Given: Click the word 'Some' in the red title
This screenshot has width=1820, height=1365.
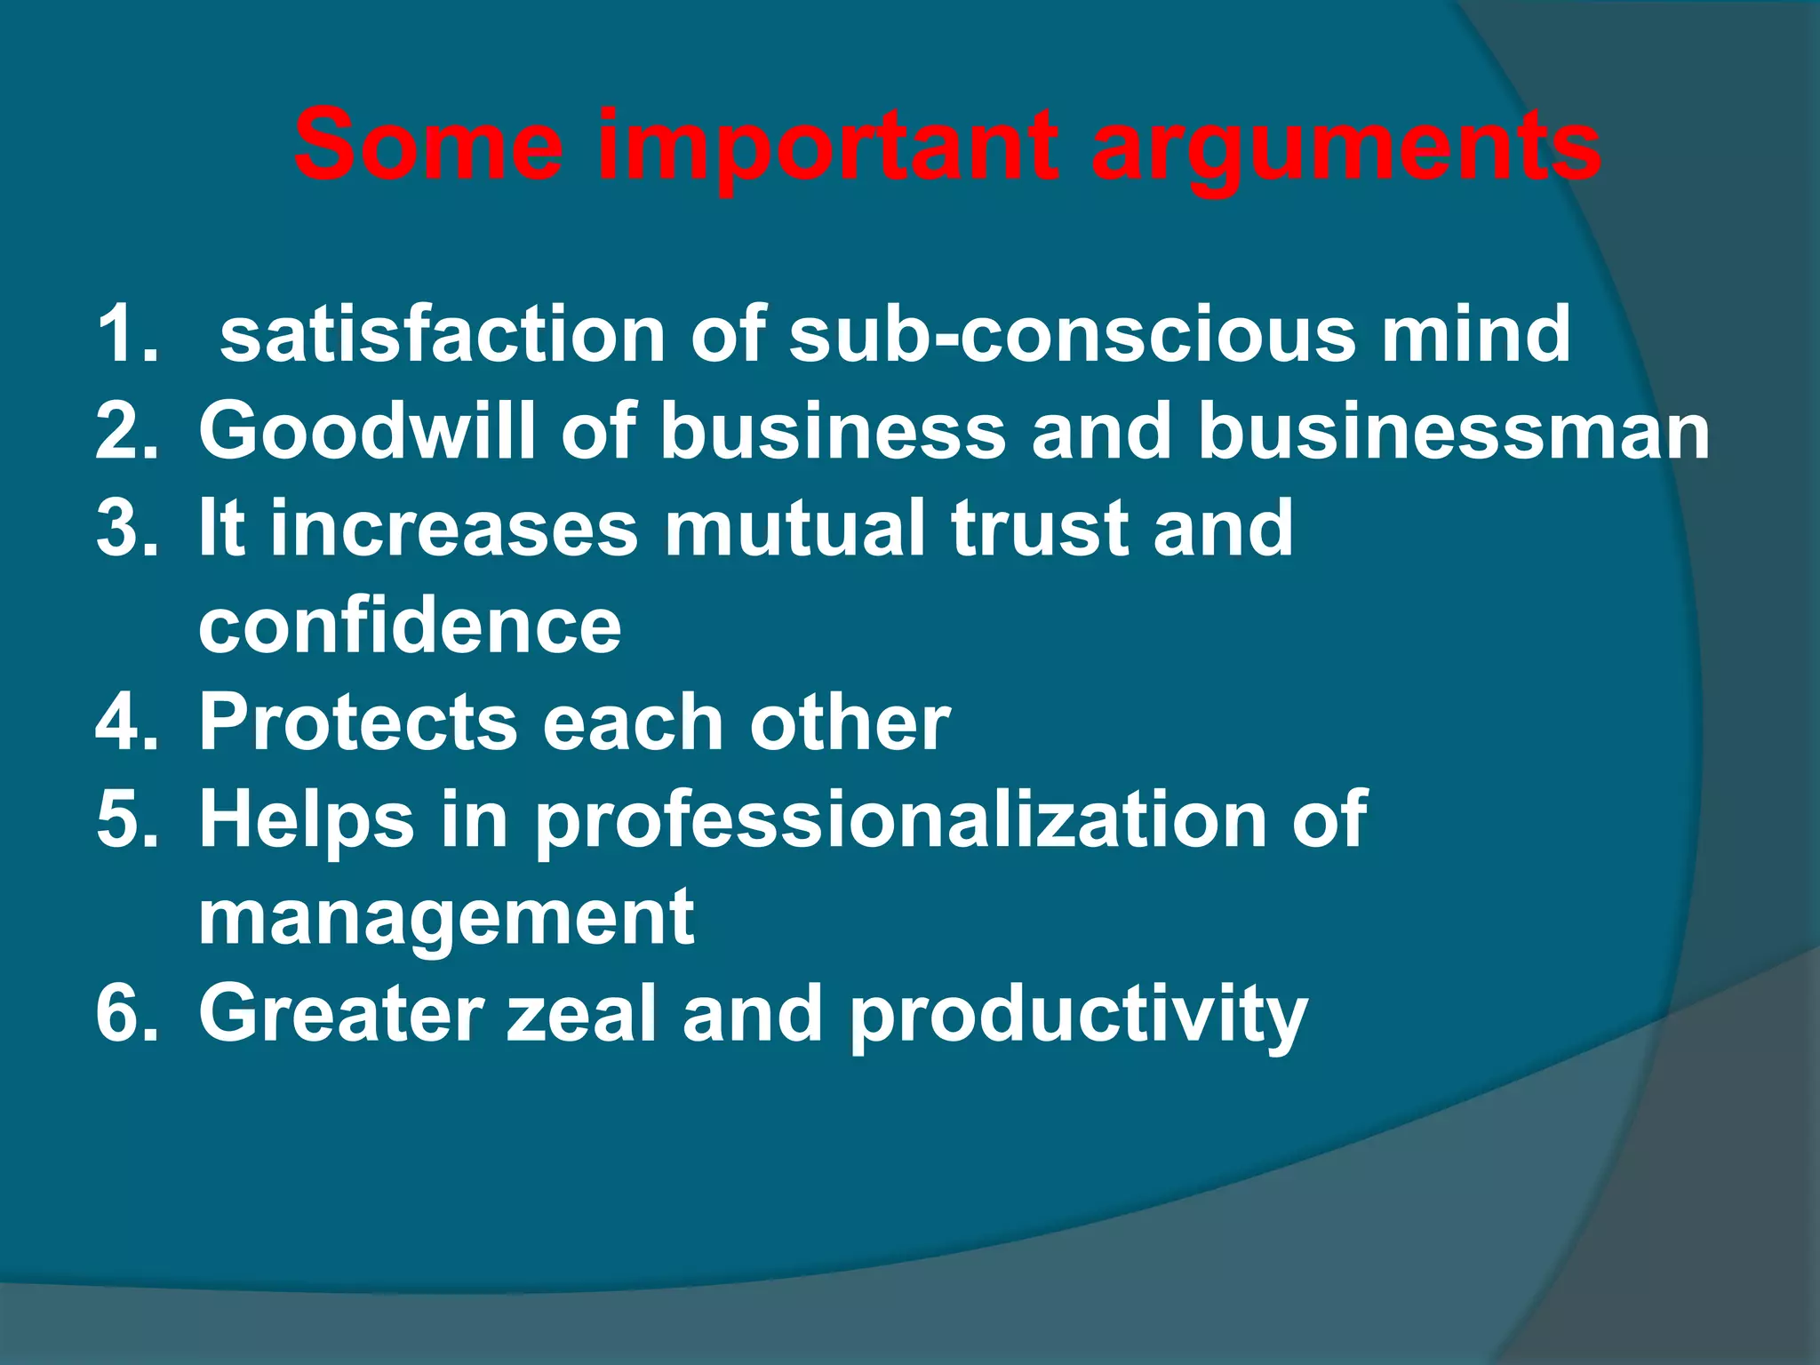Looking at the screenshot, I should [428, 144].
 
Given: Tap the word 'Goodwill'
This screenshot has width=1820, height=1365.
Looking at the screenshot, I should [366, 431].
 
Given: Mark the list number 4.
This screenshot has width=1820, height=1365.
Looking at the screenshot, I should [126, 722].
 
